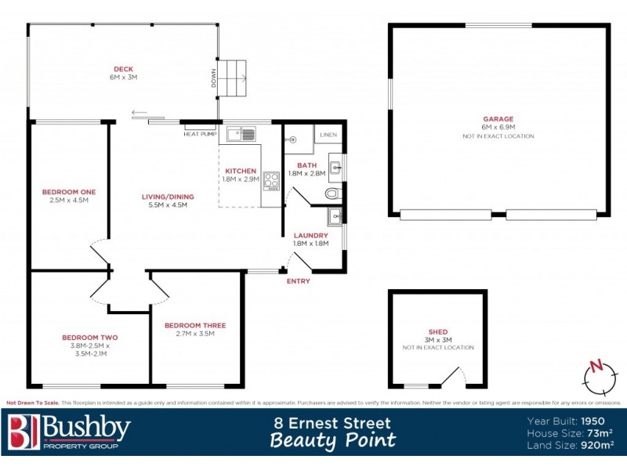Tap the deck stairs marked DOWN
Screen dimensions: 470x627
233,78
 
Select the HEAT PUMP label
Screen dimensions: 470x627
199,134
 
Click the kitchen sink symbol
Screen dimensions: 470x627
241,135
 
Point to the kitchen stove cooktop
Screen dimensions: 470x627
272,181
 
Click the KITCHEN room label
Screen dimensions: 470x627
241,170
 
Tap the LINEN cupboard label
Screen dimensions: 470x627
328,135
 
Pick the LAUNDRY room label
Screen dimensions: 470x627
310,235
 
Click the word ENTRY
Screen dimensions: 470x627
298,281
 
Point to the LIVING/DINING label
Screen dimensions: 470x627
168,197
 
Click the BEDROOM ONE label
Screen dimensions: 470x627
69,191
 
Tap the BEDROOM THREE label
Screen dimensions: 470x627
194,325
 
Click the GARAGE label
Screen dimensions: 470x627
498,119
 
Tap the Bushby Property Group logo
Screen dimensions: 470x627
69,433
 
